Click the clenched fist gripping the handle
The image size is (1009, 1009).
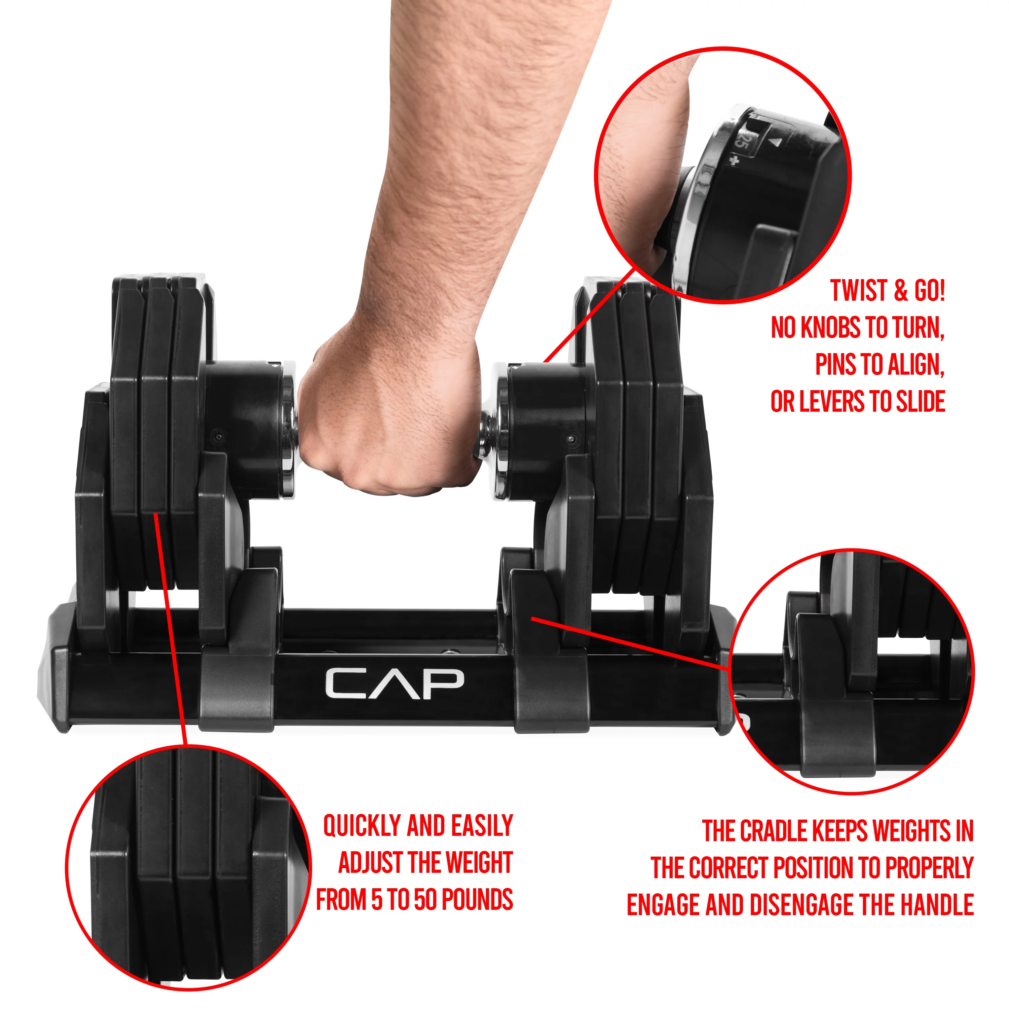click(392, 418)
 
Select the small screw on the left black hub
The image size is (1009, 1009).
click(218, 436)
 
